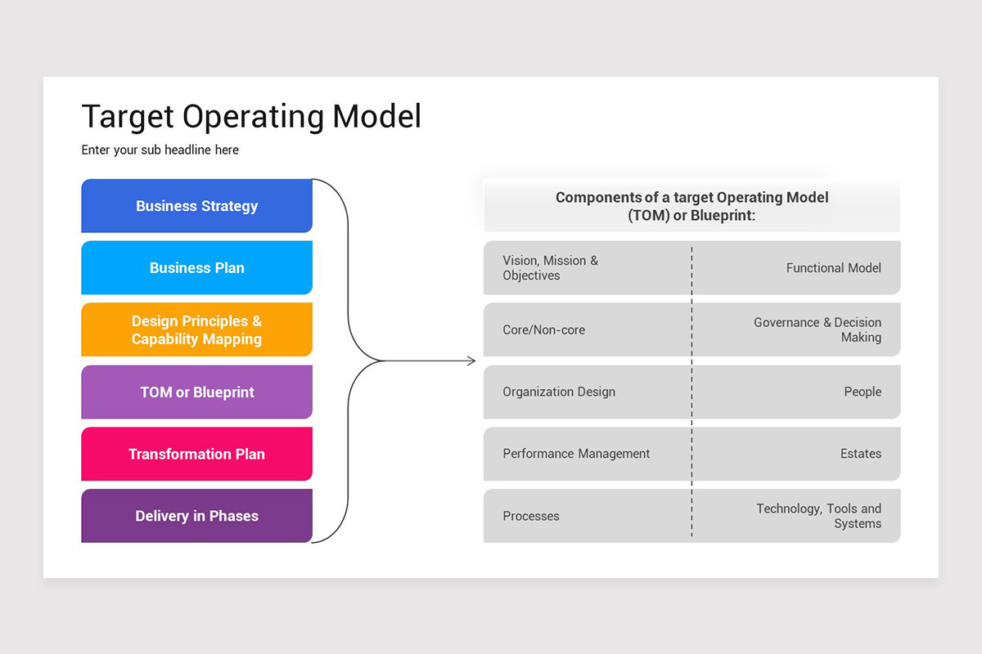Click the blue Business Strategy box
pos(196,206)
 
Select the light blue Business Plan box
pos(196,268)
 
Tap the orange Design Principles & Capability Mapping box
pos(196,330)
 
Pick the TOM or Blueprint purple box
pos(196,392)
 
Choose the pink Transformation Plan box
pos(196,455)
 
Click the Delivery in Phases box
pos(196,516)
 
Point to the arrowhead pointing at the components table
pos(471,361)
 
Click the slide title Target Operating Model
pos(251,117)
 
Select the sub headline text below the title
pos(160,150)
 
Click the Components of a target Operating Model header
pos(691,206)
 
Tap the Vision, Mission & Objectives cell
pos(550,268)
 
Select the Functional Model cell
pos(833,268)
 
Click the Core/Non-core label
pos(543,330)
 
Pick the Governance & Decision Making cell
pos(818,330)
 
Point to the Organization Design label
pos(559,392)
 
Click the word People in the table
pos(863,392)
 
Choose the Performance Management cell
pos(576,455)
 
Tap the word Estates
pos(860,455)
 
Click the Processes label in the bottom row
pos(531,517)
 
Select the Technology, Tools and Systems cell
pos(818,516)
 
